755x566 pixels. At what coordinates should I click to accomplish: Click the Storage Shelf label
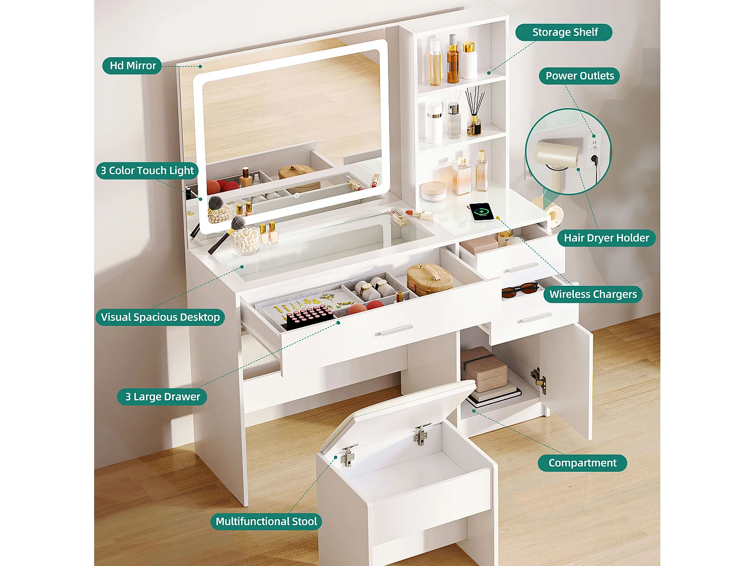click(x=564, y=32)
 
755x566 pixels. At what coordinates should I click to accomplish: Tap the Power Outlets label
click(x=579, y=76)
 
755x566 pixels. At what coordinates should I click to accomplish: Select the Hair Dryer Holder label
click(x=606, y=238)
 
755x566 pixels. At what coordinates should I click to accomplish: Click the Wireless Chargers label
click(x=592, y=294)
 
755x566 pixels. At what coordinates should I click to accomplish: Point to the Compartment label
click(x=582, y=463)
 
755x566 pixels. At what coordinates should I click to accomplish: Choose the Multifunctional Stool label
click(x=266, y=521)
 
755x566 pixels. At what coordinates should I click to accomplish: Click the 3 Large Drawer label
click(x=162, y=396)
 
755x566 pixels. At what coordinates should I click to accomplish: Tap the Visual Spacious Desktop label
click(x=160, y=317)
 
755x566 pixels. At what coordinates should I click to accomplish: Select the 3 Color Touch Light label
click(x=147, y=171)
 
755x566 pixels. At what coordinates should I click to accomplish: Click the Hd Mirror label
click(x=132, y=65)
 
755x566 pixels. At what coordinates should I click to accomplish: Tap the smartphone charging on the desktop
click(x=481, y=211)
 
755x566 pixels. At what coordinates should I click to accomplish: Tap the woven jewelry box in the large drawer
click(x=429, y=278)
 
